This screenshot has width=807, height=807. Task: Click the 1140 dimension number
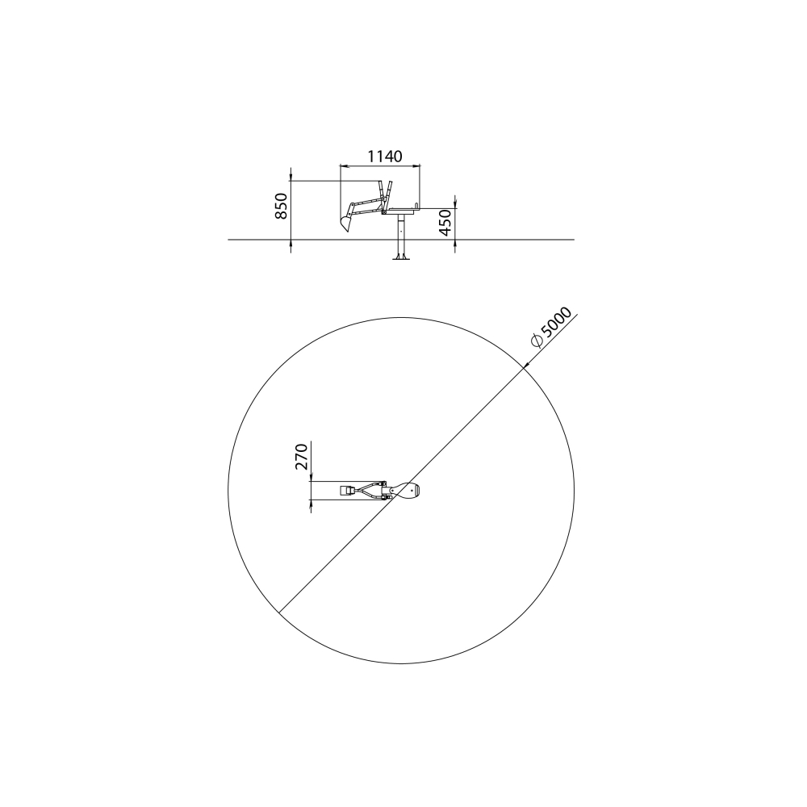pos(384,156)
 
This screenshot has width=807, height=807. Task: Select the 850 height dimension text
pos(281,206)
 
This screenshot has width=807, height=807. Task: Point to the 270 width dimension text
pos(301,457)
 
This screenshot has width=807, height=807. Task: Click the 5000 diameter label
pos(556,323)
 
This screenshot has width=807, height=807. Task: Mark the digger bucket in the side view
pos(345,223)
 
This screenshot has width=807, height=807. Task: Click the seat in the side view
pos(401,210)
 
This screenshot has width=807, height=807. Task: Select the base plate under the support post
pos(401,258)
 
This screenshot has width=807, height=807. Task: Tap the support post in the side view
pos(401,235)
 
